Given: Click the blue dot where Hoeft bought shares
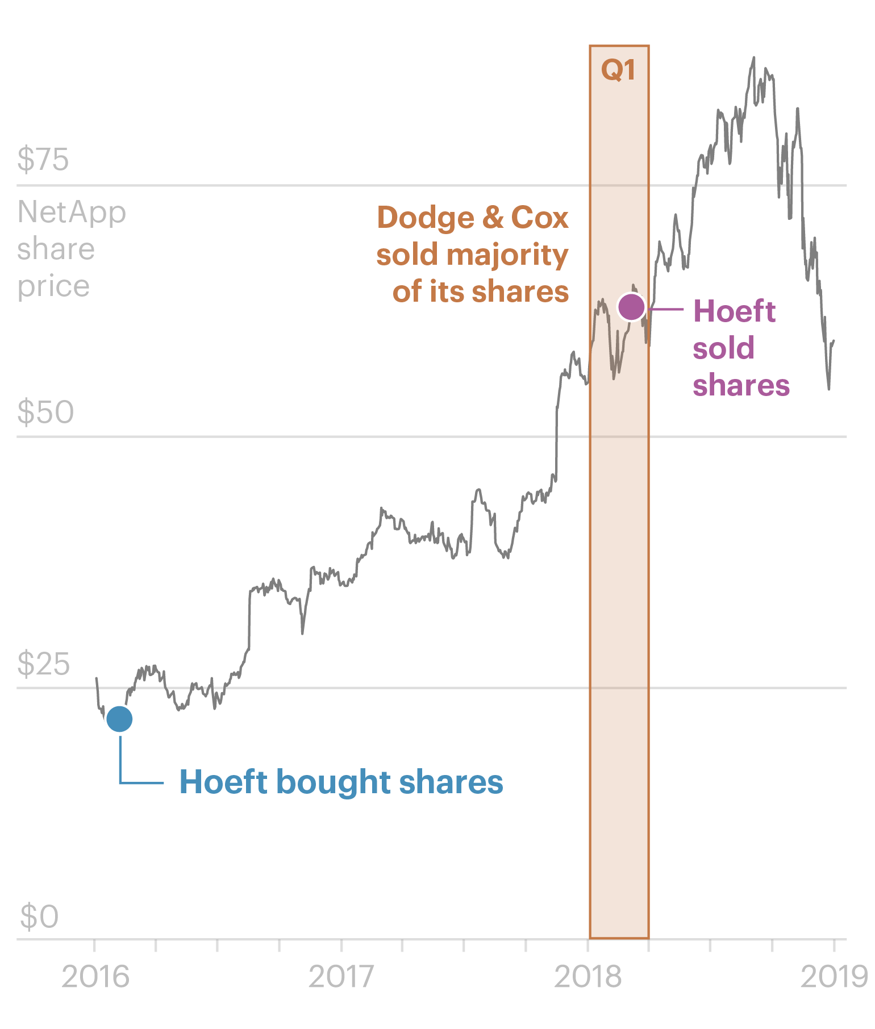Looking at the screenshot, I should click(x=119, y=719).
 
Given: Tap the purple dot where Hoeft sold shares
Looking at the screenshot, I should click(x=631, y=307).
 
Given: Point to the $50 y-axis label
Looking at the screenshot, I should click(x=45, y=412).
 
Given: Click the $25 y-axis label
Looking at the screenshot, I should click(x=44, y=663).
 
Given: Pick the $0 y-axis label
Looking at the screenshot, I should click(x=39, y=916).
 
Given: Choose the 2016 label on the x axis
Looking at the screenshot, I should click(x=95, y=977).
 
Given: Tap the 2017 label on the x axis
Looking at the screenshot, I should click(x=341, y=977).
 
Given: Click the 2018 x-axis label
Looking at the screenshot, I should click(x=587, y=977).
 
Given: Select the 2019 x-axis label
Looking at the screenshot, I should click(x=834, y=977).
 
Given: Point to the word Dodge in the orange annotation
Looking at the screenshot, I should click(x=426, y=218).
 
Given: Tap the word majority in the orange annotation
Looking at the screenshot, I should click(x=507, y=255).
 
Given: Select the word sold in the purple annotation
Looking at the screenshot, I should click(x=723, y=348).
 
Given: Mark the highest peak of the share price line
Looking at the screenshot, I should click(x=754, y=57).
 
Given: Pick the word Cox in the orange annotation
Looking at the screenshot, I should click(x=540, y=218).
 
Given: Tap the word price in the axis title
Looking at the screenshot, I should click(x=53, y=286).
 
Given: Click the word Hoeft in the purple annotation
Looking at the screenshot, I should click(x=734, y=311).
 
